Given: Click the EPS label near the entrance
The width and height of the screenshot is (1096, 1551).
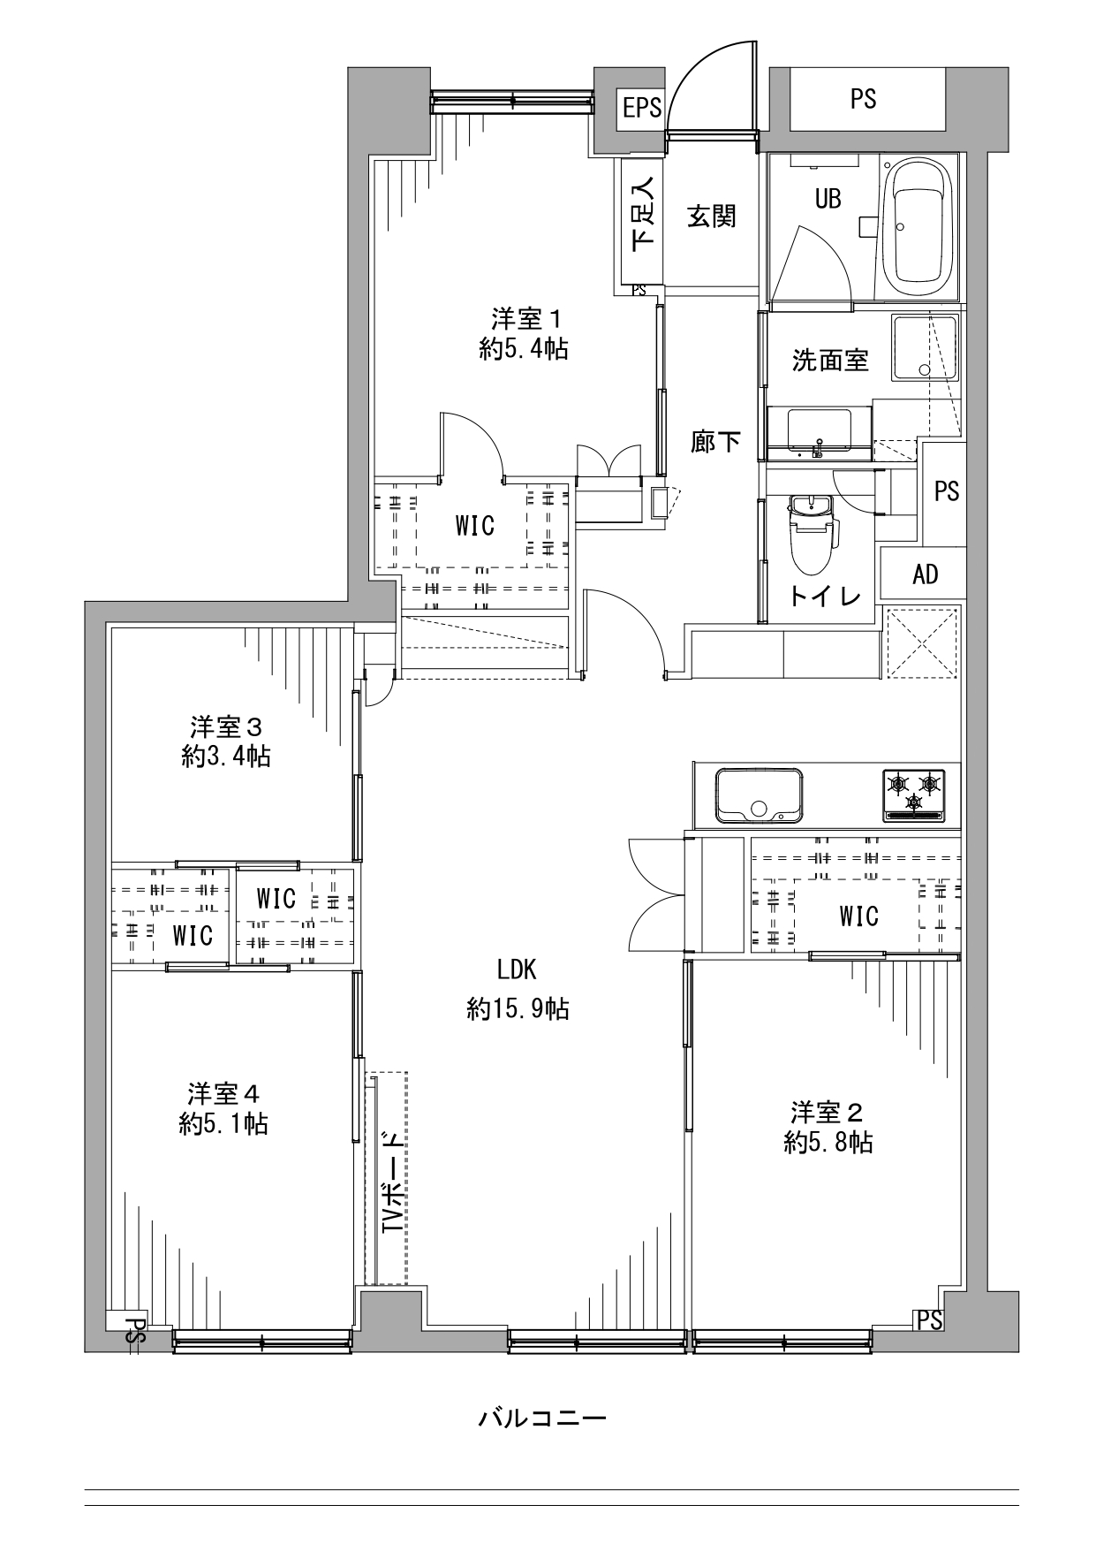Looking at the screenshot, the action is click(x=642, y=108).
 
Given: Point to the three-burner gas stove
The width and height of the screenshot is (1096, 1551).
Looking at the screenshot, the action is click(x=913, y=794).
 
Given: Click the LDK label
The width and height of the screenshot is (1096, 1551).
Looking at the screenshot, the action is click(x=517, y=969).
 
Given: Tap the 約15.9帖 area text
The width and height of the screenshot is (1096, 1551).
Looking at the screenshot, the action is click(x=518, y=1008).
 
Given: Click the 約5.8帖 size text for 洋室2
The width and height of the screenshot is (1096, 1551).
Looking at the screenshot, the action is click(x=828, y=1143).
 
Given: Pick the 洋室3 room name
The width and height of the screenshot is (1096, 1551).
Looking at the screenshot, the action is click(x=226, y=727).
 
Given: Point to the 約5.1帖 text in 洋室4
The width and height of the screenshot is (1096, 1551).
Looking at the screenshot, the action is click(x=223, y=1123).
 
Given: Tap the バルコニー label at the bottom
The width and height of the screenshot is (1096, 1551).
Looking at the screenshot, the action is click(x=542, y=1419).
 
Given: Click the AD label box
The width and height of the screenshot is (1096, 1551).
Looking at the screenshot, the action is click(x=925, y=574).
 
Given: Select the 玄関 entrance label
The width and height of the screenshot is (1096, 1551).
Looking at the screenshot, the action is click(x=712, y=216).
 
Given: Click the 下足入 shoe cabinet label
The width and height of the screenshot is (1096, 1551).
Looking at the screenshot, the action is click(x=643, y=212).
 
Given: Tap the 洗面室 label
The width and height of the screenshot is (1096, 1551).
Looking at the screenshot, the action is click(x=830, y=360).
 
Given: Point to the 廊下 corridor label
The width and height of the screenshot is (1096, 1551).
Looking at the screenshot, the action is click(x=714, y=441).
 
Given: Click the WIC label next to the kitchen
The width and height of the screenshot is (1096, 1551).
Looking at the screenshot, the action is click(x=858, y=916).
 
